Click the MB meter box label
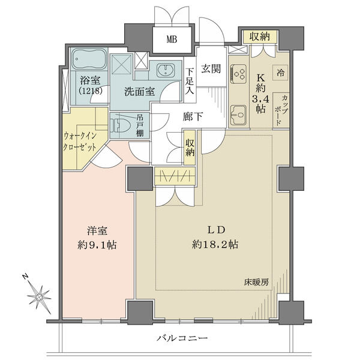tap(172, 40)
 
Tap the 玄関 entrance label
tap(211, 68)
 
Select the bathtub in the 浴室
tap(89, 59)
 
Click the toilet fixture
tap(121, 126)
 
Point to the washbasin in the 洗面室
tap(165, 70)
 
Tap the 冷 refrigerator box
tap(280, 73)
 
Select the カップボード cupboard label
tap(281, 110)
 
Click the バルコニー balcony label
tap(182, 338)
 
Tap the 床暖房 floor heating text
tap(256, 282)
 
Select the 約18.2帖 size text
tap(215, 245)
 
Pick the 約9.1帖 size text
tap(97, 245)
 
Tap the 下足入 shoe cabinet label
tap(190, 81)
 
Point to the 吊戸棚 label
tap(140, 126)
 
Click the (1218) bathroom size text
tap(90, 91)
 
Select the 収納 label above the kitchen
tap(260, 37)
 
